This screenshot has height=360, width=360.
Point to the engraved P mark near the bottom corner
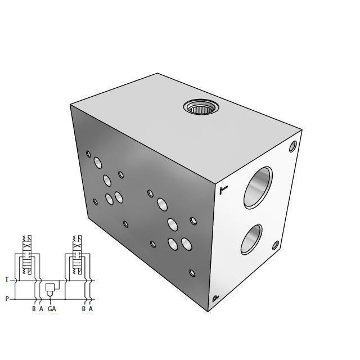tap(215, 299)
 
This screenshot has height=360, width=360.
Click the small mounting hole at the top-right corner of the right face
tap(292, 146)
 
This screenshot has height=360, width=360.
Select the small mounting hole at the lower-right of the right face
tap(276, 246)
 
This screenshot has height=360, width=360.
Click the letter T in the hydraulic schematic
tap(7, 280)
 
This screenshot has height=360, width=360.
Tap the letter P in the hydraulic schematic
tap(7, 299)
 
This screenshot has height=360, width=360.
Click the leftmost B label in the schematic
tap(34, 309)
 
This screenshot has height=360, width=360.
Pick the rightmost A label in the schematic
tap(91, 309)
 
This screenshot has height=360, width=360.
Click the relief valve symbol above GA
tap(49, 289)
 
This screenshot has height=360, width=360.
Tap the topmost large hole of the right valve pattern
tap(162, 204)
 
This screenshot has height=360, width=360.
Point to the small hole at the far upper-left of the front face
tap(88, 153)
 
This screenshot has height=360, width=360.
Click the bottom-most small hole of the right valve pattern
tap(192, 273)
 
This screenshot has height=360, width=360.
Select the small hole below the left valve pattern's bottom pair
tap(125, 224)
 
